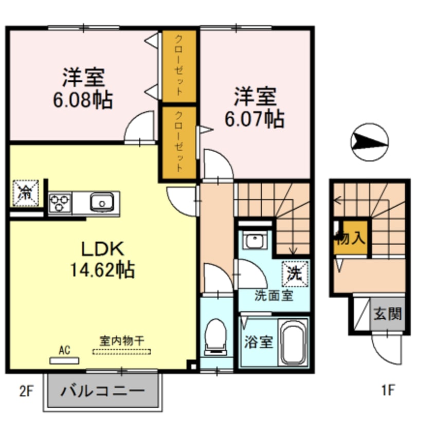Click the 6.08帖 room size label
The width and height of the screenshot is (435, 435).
tap(83, 100)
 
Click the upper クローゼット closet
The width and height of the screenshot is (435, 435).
tap(178, 66)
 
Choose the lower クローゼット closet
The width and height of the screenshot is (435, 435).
tap(178, 141)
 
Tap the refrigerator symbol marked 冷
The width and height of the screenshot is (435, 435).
tap(25, 192)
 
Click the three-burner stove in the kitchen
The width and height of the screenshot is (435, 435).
tap(61, 202)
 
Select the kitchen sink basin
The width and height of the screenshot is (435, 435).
tap(101, 202)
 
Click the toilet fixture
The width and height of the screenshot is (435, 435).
tap(216, 337)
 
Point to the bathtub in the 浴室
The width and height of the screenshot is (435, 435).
tap(294, 341)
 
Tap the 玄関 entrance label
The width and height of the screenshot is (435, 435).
tap(387, 313)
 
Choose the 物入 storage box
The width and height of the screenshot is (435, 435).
tap(351, 238)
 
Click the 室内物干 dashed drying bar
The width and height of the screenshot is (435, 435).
tap(122, 352)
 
